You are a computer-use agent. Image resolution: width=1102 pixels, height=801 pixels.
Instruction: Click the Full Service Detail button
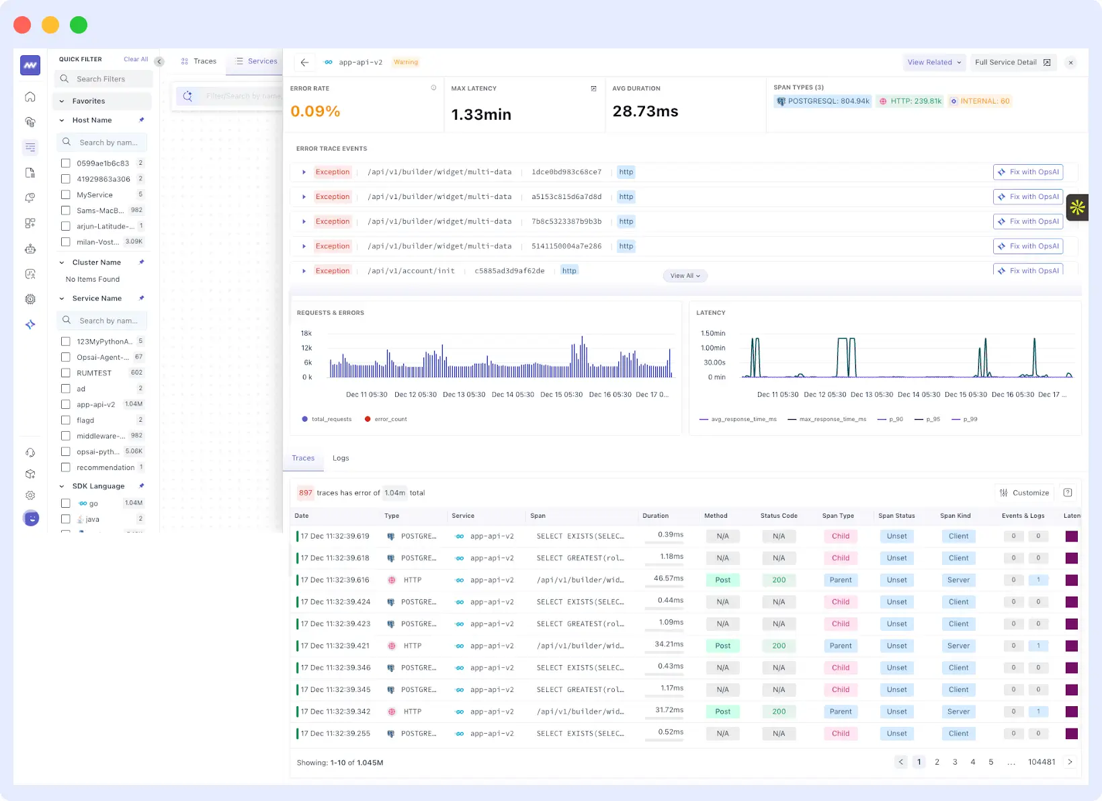click(1012, 63)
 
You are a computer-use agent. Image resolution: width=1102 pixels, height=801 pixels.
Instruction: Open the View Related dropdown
click(934, 63)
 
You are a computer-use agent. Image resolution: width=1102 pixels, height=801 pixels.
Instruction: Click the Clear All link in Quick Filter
click(136, 59)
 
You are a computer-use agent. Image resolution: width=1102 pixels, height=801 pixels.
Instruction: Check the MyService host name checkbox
click(66, 195)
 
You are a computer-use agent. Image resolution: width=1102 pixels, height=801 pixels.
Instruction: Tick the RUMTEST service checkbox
click(66, 373)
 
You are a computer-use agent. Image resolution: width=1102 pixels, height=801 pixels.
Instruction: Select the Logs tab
click(341, 459)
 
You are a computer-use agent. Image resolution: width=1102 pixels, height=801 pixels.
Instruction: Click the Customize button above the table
click(1024, 493)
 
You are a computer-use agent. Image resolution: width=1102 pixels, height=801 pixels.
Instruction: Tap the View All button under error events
click(685, 276)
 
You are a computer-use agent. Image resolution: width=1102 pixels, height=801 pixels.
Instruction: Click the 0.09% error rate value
click(315, 112)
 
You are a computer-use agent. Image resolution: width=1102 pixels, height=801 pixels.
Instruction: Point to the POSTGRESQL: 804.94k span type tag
click(823, 102)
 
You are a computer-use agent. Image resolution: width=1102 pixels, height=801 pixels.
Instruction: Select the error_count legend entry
click(386, 420)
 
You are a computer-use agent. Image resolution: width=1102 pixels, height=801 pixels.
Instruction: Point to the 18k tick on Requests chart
click(306, 334)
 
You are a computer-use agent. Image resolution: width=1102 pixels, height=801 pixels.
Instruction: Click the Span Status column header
click(896, 517)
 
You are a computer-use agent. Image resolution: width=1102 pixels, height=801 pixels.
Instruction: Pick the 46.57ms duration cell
click(668, 578)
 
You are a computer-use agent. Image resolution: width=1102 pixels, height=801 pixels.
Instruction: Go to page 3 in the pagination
click(955, 763)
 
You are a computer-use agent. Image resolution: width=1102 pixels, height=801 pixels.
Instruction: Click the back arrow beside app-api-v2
click(304, 63)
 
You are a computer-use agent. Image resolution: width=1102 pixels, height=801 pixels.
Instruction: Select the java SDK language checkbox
click(66, 519)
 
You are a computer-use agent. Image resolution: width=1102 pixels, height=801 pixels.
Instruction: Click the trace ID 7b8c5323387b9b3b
click(566, 222)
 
